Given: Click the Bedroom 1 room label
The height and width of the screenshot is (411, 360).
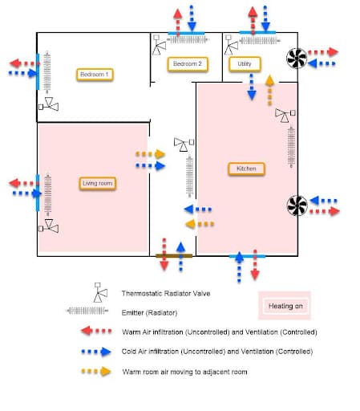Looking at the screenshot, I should point(95,75).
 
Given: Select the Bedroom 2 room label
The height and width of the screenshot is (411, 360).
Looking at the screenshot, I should point(187,63).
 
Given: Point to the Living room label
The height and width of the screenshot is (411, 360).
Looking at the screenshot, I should point(98,184).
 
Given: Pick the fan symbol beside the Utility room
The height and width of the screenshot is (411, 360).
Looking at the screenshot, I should point(297,57).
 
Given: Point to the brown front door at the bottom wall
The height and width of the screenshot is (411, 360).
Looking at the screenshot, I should point(172,256).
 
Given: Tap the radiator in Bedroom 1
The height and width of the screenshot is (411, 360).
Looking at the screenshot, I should point(47,75).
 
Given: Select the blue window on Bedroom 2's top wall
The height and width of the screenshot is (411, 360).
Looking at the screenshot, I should point(186,33).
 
